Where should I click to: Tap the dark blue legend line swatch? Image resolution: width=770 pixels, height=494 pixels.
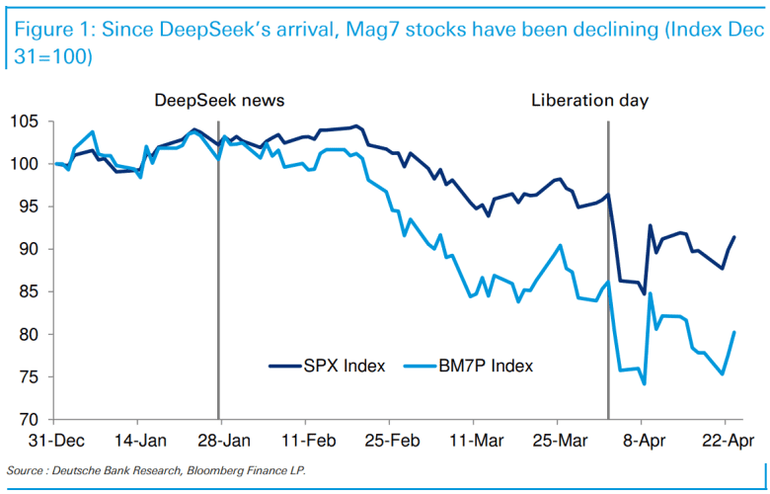289,366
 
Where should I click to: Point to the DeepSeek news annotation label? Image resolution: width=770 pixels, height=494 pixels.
219,101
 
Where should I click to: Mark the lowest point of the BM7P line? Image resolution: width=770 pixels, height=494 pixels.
644,384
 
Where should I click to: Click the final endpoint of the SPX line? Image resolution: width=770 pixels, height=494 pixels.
734,237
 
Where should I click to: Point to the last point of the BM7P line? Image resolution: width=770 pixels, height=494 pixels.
734,332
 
